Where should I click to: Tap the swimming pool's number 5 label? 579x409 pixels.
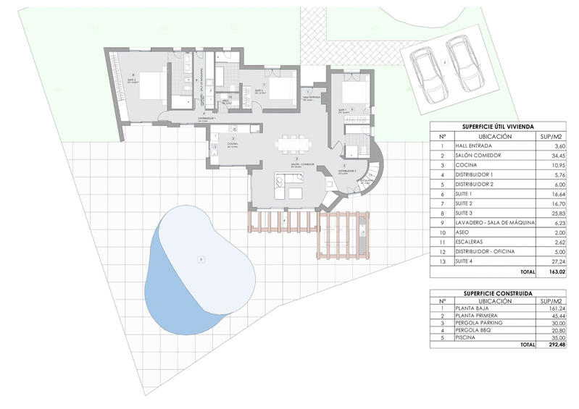click(192, 259)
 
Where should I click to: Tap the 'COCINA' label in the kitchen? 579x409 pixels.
click(232, 145)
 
